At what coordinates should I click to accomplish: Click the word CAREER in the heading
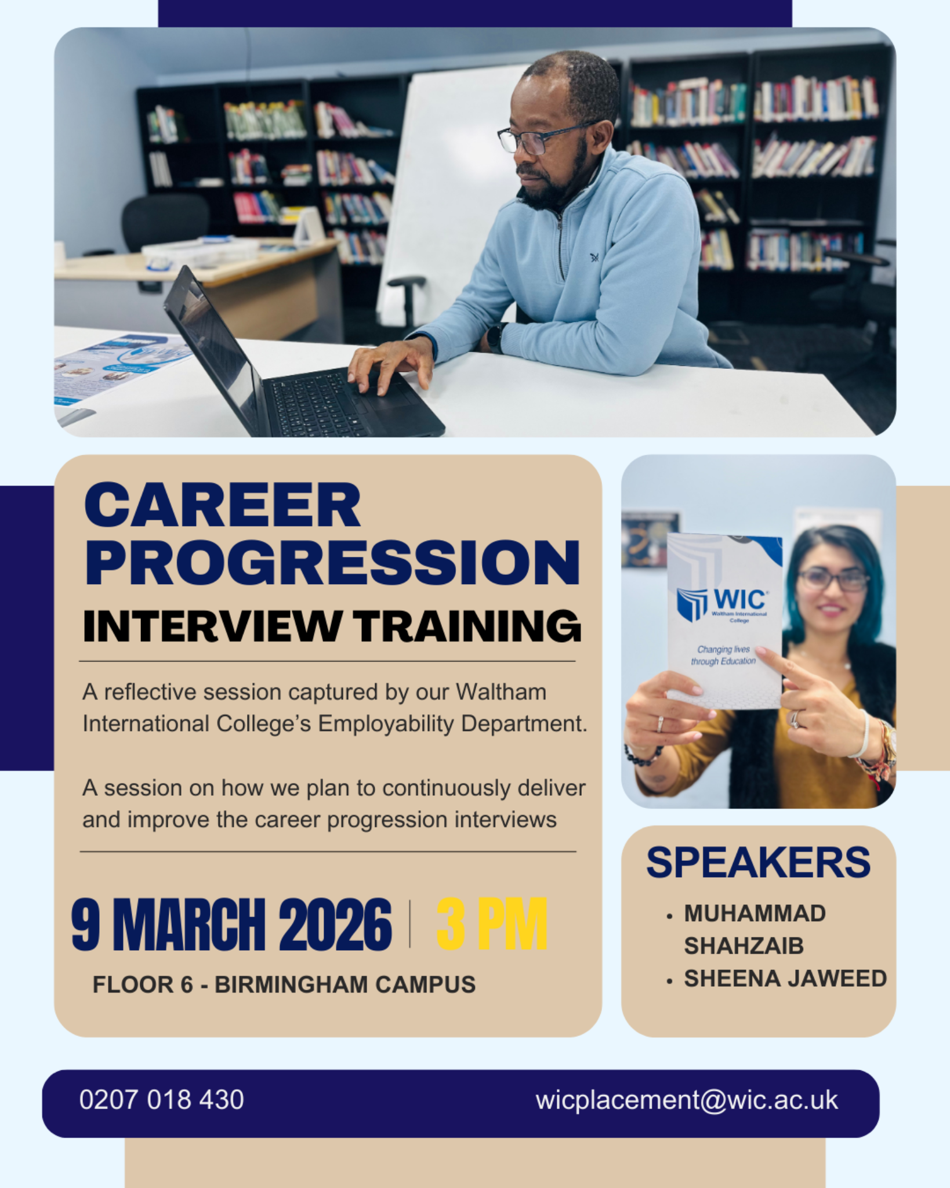tap(223, 505)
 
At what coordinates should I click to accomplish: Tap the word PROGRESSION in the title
tap(332, 563)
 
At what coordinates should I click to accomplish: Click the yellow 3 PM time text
tap(492, 924)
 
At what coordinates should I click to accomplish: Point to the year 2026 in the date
tap(335, 924)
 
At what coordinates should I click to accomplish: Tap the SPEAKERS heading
tap(758, 863)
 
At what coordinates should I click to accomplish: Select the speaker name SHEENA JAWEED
tap(785, 979)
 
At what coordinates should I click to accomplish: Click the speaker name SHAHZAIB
tap(744, 946)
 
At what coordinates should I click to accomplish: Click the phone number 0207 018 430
tap(162, 1100)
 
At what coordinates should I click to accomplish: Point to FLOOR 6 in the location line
tap(143, 985)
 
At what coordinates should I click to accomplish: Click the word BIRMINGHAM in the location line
tap(291, 985)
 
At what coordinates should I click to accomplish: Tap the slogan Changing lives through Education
tap(723, 655)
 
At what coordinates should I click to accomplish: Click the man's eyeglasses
tap(545, 137)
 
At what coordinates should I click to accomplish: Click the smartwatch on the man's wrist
tap(495, 337)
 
